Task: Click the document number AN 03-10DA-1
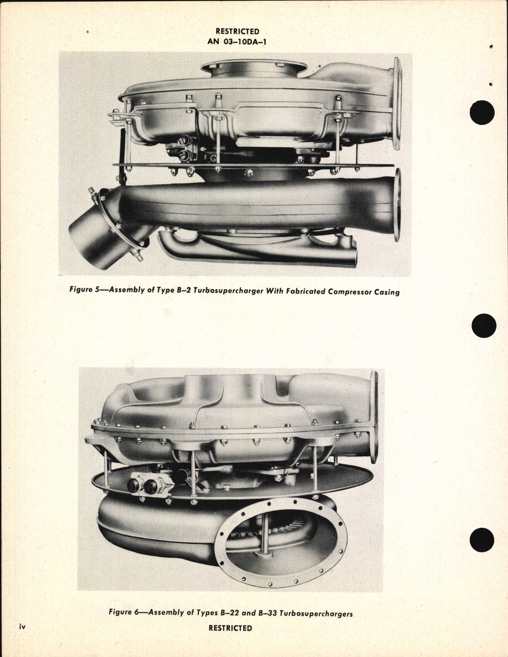(237, 41)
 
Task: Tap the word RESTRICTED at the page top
(237, 31)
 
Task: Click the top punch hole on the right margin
(483, 112)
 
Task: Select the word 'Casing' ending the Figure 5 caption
(387, 291)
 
